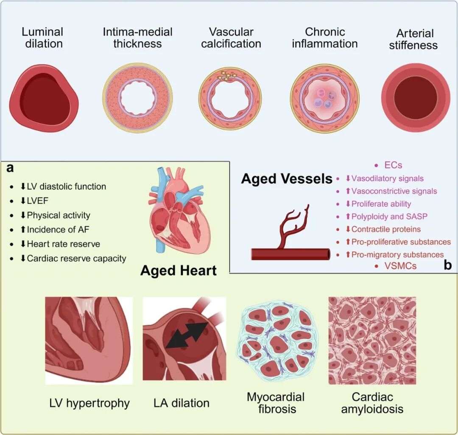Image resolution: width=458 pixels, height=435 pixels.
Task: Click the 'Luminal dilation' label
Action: (x=42, y=37)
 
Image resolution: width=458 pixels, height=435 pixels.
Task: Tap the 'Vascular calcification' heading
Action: (x=231, y=37)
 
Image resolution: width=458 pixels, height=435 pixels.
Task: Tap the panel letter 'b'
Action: (x=447, y=265)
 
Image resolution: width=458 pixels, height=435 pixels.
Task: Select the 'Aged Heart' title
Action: (x=179, y=270)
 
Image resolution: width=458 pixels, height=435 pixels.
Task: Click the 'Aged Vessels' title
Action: (x=287, y=179)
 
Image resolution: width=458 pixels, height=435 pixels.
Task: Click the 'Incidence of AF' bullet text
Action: (x=58, y=229)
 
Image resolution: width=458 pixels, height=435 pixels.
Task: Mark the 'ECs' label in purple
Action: (x=394, y=165)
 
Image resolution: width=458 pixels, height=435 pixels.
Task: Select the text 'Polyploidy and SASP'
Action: (x=389, y=216)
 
